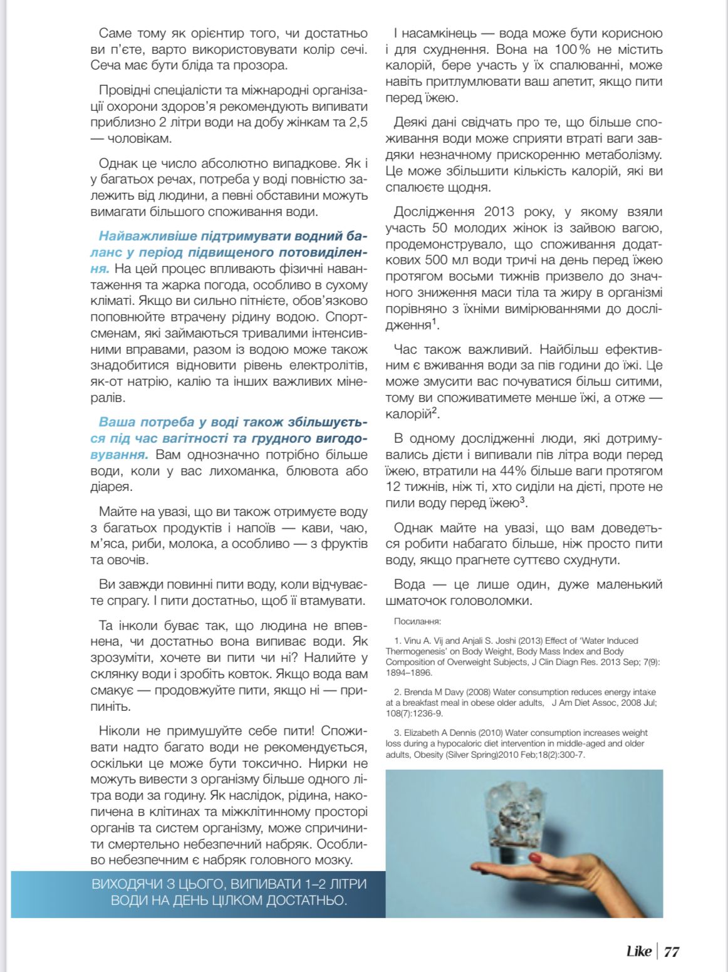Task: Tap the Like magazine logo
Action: [x=639, y=952]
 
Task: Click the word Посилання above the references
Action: [x=417, y=622]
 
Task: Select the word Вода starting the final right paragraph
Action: [x=409, y=585]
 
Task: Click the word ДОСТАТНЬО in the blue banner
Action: [x=305, y=901]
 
